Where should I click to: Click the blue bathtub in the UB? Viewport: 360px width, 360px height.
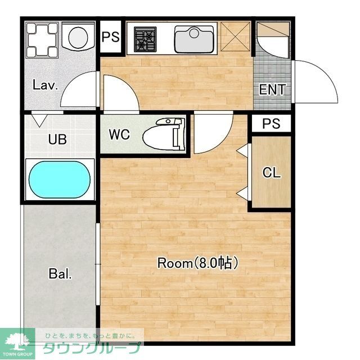pos(60,179)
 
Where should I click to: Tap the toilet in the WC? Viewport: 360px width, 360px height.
pos(164,134)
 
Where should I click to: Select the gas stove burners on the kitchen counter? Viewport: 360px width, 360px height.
pos(145,39)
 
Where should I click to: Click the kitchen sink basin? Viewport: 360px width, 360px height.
pos(194,39)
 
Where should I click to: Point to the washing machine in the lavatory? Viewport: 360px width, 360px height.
pos(42,40)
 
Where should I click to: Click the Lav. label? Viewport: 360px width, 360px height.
pos(45,85)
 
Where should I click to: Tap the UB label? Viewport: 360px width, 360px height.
pos(57,139)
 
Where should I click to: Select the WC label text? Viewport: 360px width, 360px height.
pos(119,134)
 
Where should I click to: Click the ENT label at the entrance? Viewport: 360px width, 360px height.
pos(272,89)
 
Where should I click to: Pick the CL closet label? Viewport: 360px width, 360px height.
pos(272,172)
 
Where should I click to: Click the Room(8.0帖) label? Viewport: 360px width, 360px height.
pos(197,263)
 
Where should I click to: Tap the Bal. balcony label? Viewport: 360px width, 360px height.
pos(60,273)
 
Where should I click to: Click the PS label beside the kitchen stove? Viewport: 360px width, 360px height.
pos(111,37)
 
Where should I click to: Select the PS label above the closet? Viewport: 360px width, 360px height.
pos(271,124)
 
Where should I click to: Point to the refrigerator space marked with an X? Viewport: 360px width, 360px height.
pos(235,36)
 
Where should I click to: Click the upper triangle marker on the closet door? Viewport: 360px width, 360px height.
pos(242,150)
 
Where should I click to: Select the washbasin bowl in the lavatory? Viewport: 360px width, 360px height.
pos(78,37)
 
